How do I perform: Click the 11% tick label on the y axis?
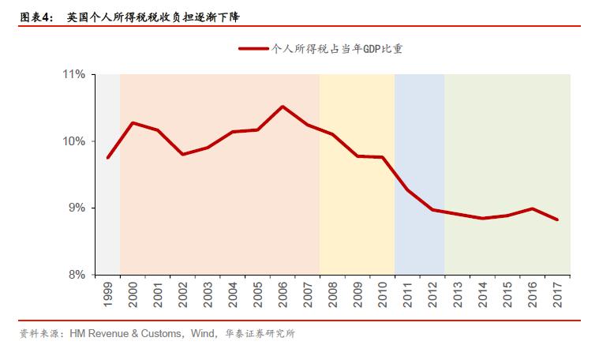tap(75, 75)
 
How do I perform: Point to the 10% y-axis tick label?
tap(75, 141)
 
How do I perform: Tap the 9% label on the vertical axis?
tap(77, 208)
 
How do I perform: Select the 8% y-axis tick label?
tap(77, 275)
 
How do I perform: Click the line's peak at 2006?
tap(283, 107)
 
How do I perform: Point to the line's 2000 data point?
tap(133, 122)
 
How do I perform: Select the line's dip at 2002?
tap(182, 154)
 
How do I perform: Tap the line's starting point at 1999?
tap(107, 158)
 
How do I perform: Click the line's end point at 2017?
tap(557, 219)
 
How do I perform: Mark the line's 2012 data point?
tap(432, 209)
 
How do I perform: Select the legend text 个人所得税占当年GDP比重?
tap(338, 48)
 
